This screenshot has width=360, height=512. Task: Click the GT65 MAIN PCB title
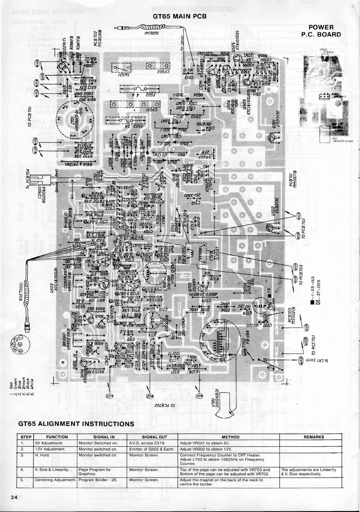click(x=180, y=16)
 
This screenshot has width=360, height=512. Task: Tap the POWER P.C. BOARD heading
click(x=321, y=31)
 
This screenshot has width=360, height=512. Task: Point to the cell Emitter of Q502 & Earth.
click(x=152, y=449)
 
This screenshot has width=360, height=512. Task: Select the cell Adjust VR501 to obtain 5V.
click(x=202, y=443)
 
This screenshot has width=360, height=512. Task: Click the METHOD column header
click(x=230, y=437)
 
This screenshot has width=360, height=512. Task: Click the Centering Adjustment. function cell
click(x=55, y=480)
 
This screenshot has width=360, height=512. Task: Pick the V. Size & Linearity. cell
click(x=52, y=470)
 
